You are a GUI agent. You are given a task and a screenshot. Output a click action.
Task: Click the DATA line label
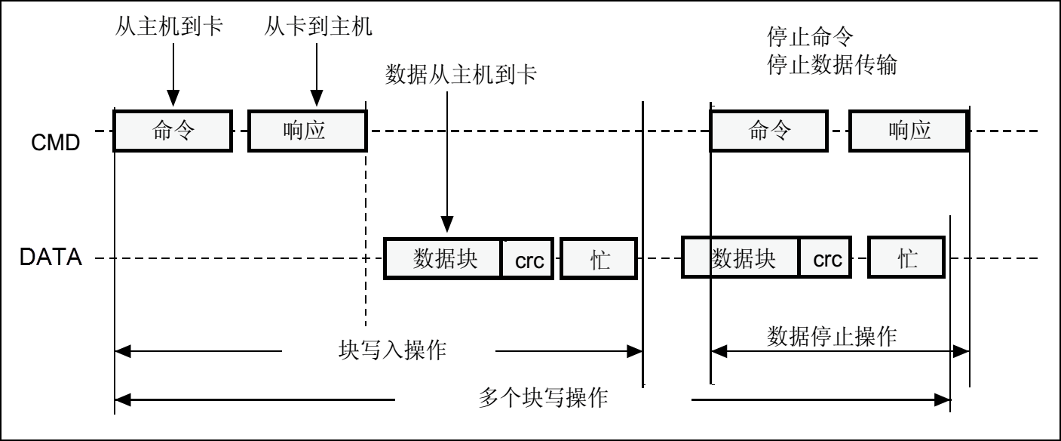click(x=50, y=259)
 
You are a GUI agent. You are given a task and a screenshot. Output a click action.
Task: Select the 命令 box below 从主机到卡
click(x=172, y=131)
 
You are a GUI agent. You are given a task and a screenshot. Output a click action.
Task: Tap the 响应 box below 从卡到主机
click(x=307, y=131)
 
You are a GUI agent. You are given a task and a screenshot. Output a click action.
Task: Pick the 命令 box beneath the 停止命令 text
click(x=769, y=131)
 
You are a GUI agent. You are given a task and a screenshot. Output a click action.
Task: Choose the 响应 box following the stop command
click(x=909, y=131)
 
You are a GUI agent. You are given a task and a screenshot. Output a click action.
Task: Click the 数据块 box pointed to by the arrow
click(x=443, y=259)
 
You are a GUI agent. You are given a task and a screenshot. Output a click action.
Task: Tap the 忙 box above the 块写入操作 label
click(x=599, y=259)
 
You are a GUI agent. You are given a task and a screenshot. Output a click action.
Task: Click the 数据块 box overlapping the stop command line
click(x=741, y=259)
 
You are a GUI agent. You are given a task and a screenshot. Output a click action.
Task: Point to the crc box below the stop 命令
click(x=826, y=259)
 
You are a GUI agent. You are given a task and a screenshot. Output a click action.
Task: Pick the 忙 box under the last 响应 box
click(x=906, y=259)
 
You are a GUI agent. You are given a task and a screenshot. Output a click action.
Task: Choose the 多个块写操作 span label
click(x=543, y=397)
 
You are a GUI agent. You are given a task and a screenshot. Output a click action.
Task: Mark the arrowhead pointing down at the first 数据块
click(x=447, y=225)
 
